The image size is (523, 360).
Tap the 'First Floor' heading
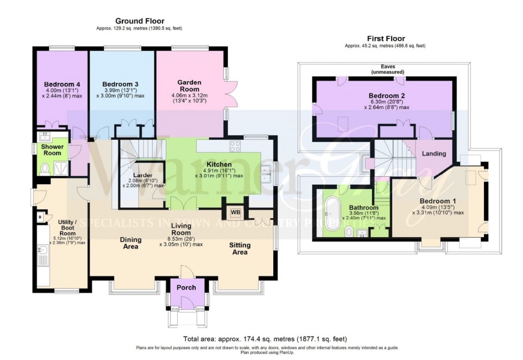click(x=385, y=38)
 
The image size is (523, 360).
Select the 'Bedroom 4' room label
click(x=62, y=84)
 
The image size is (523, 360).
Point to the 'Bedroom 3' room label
click(x=121, y=84)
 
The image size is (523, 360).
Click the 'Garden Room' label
click(x=189, y=86)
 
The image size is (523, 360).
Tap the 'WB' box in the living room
click(x=235, y=212)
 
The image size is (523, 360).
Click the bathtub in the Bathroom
click(x=335, y=213)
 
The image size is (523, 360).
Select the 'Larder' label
click(x=145, y=175)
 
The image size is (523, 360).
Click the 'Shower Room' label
click(x=52, y=150)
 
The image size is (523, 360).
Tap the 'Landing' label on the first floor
click(x=434, y=154)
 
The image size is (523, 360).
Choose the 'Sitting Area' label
click(x=240, y=249)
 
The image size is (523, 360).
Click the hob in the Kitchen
click(x=235, y=146)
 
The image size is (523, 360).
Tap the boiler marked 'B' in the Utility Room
click(x=40, y=217)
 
